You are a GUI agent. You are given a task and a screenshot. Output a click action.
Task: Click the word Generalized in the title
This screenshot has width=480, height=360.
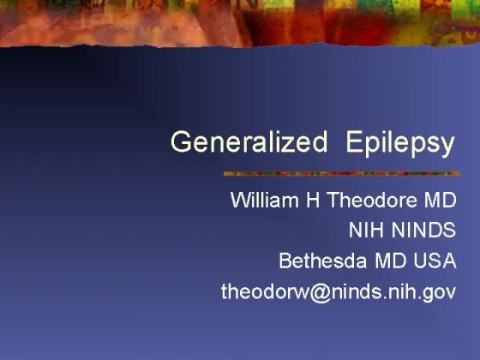click(x=249, y=141)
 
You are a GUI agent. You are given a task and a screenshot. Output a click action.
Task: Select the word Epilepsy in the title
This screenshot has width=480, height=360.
click(x=400, y=144)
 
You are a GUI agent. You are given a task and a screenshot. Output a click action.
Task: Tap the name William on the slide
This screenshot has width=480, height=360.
click(x=265, y=200)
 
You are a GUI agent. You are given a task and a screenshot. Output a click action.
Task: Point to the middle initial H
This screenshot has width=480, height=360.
click(x=313, y=200)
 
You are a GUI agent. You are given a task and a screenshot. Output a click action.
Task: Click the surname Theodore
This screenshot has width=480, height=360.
click(x=372, y=200)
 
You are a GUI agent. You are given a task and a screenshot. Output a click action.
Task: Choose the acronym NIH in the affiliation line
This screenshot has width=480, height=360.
click(x=367, y=230)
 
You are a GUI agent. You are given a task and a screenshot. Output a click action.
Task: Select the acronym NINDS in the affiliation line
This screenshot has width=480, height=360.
click(x=424, y=230)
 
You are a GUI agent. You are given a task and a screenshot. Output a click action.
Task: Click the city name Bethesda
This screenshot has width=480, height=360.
click(x=323, y=261)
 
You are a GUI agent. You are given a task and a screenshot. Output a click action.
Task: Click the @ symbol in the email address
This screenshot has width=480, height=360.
click(x=321, y=292)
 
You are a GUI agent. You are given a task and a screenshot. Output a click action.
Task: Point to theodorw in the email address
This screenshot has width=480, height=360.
click(x=266, y=291)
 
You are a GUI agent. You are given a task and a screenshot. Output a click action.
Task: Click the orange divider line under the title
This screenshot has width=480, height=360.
click(x=342, y=173)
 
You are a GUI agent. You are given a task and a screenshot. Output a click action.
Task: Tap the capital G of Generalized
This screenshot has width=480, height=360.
click(x=181, y=141)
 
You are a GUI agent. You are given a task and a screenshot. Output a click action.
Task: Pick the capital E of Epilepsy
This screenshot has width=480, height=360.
click(x=353, y=141)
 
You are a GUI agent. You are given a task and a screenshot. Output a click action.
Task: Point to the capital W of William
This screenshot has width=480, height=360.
click(x=242, y=200)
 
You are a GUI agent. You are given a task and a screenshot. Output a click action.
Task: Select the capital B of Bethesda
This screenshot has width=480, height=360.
click(x=285, y=261)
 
